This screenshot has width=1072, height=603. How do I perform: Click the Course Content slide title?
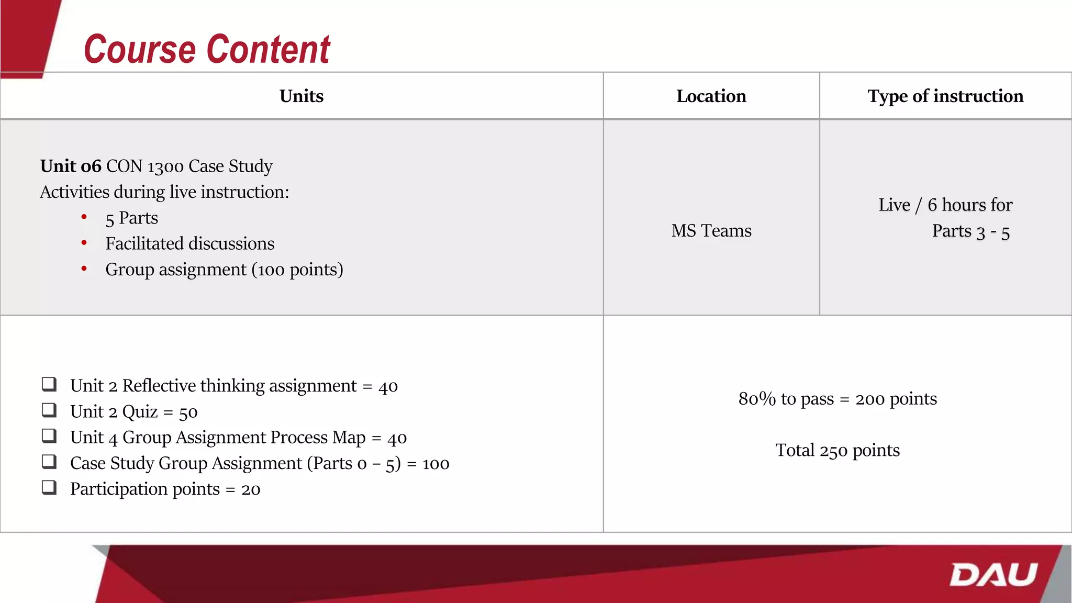(x=207, y=49)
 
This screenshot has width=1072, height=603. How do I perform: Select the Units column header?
(x=301, y=96)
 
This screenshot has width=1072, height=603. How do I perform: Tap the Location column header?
(x=711, y=96)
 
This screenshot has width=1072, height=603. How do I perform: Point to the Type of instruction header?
(x=945, y=96)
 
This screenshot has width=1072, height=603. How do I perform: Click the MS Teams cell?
(x=711, y=231)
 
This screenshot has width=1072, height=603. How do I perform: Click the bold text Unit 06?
(x=71, y=166)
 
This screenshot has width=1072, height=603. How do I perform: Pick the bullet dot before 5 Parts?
(x=84, y=217)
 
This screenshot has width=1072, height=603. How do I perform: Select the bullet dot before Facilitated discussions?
(x=84, y=242)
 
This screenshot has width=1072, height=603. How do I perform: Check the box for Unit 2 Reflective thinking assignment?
(x=49, y=384)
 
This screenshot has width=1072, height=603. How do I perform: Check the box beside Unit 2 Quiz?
(x=49, y=410)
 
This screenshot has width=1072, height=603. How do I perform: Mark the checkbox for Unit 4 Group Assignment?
(x=49, y=435)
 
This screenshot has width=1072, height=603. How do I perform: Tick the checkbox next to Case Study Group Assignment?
(x=49, y=461)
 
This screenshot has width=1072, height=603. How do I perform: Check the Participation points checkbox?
(x=49, y=487)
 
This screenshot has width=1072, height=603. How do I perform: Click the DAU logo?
(x=993, y=575)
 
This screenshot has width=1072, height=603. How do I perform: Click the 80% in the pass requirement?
(x=757, y=399)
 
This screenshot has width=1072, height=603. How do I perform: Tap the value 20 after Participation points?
(x=251, y=490)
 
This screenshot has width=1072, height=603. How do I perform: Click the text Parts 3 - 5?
(x=970, y=231)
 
